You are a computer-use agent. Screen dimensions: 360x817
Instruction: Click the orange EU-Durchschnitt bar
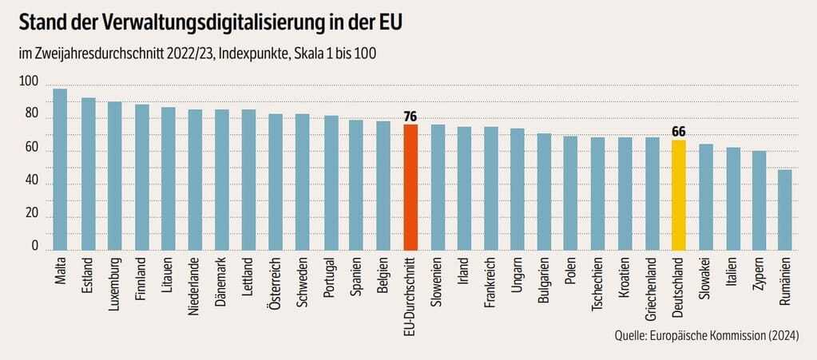pos(410,188)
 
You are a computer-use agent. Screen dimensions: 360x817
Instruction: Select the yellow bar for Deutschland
pos(679,196)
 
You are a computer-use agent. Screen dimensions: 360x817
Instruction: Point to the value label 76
pos(410,117)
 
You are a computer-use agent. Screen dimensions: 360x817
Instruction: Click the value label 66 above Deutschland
pos(679,133)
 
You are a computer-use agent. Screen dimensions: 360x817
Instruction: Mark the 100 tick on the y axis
pos(27,81)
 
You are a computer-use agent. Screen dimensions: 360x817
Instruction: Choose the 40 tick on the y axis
pos(30,181)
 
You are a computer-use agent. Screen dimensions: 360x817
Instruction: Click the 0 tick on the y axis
pos(34,247)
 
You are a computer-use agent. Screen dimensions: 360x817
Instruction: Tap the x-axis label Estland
pos(88,276)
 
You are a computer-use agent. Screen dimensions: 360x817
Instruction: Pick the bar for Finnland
pos(142,177)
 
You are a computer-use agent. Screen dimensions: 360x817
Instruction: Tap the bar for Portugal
pos(331,183)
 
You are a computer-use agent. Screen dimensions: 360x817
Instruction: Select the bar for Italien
pos(732,199)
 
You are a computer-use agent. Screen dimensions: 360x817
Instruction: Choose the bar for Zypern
pos(759,200)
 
